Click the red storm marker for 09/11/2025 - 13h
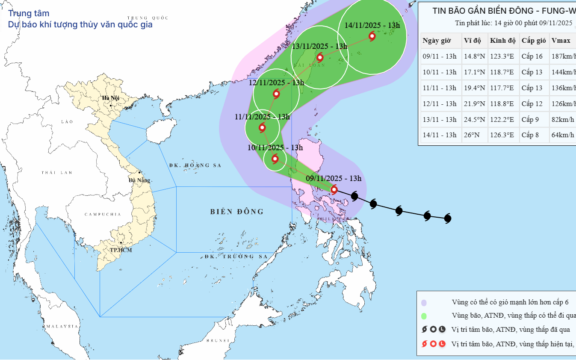[334, 189]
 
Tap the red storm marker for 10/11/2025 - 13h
[275, 159]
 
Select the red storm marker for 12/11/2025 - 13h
[276, 94]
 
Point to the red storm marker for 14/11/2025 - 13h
[372, 36]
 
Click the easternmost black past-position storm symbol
[448, 218]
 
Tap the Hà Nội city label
[110, 98]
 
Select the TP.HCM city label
[121, 250]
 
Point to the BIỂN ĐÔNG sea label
[237, 212]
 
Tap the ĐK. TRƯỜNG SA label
[236, 257]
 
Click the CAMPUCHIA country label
[103, 214]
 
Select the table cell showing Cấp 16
[532, 56]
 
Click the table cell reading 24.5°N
[474, 119]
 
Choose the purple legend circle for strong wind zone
[424, 303]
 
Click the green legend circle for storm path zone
[424, 316]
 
